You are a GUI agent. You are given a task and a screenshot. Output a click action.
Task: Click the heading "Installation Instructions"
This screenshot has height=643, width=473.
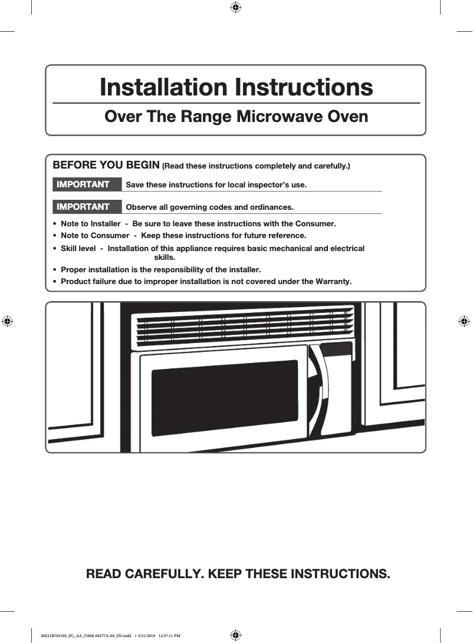pos(236,87)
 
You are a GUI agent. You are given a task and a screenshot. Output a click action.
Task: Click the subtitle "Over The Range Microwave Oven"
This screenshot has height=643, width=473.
pos(236,116)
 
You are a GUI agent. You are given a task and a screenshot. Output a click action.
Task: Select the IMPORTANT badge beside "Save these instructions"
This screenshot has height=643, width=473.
pos(83,184)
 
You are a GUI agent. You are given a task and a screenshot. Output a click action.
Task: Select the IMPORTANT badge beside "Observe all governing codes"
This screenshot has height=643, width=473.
pos(83,207)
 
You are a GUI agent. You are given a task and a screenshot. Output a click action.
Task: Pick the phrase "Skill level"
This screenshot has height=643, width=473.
pos(78,248)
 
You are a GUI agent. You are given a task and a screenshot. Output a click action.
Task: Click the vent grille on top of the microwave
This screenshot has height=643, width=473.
pos(244,327)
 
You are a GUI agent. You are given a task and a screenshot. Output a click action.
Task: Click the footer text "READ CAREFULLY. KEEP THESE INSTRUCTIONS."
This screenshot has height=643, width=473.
pos(238,573)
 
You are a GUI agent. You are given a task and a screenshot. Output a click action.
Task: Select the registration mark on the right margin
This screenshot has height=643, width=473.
pos(464,321)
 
